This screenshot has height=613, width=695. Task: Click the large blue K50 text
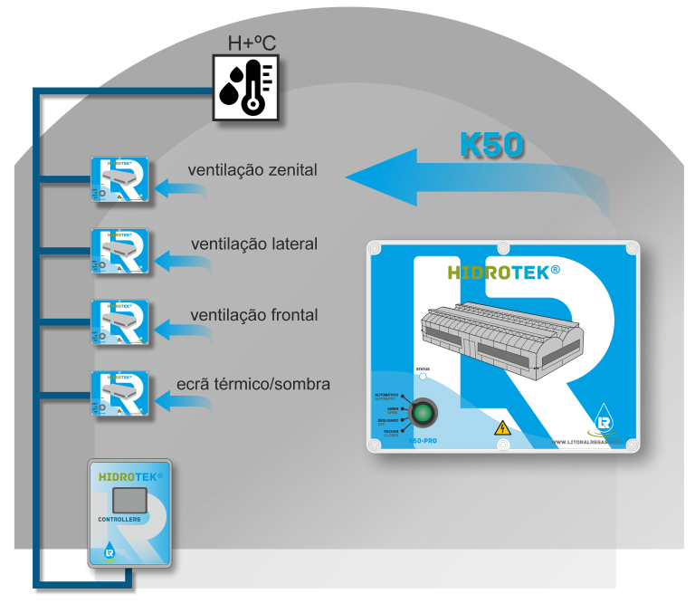[491, 145]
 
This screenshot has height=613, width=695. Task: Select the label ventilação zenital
[252, 169]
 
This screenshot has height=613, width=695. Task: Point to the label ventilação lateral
[254, 244]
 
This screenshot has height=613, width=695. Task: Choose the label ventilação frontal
[253, 315]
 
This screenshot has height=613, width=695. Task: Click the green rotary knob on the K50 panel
[423, 415]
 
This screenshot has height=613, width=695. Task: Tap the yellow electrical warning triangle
[500, 427]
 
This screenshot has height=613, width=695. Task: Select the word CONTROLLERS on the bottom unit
[119, 520]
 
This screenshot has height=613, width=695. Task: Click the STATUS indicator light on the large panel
[422, 377]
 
